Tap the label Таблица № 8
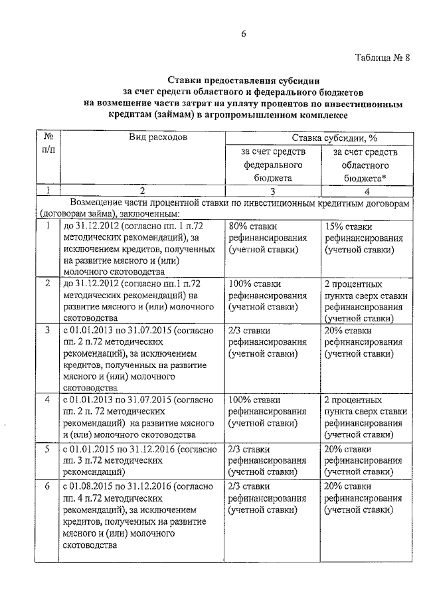point(378,56)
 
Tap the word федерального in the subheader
point(272,165)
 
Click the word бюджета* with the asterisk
point(365,179)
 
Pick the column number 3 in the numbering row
point(272,191)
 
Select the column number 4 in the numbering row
point(365,191)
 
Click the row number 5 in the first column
point(47,450)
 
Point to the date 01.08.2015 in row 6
point(95,487)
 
